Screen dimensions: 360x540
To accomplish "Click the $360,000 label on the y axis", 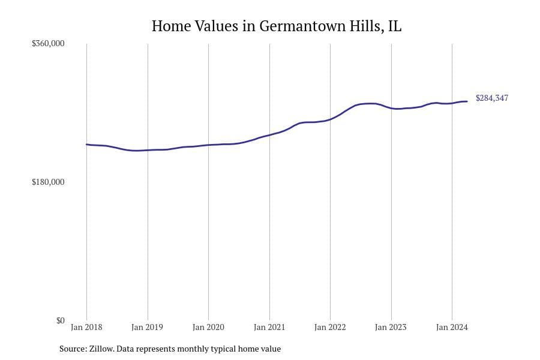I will pos(48,44).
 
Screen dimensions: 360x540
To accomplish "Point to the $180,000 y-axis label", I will pos(48,182).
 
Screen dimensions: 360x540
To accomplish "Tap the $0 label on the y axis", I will pos(60,320).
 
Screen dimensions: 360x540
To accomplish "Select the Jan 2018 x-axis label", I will pos(86,327).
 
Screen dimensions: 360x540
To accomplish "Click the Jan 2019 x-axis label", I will pos(147,327).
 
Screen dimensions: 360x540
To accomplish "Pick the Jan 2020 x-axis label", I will pos(208,327).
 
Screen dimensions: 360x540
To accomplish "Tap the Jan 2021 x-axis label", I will pos(269,327).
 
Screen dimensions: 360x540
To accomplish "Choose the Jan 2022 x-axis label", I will pos(330,327).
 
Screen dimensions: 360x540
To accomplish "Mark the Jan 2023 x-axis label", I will pos(391,327).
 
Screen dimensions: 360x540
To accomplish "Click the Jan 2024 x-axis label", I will pos(451,327).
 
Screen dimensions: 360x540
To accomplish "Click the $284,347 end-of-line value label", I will pos(491,98).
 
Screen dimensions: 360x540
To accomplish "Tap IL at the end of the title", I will pos(394,26).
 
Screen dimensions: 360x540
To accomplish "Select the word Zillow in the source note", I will pos(101,349).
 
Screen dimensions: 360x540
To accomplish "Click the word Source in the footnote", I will pos(73,349).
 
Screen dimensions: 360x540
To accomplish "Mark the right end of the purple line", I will pos(467,101).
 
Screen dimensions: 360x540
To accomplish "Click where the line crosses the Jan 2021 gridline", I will pos(269,135).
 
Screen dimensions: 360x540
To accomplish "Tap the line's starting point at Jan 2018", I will pos(86,144).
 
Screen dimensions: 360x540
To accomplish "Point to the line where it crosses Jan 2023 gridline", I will pos(391,108).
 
